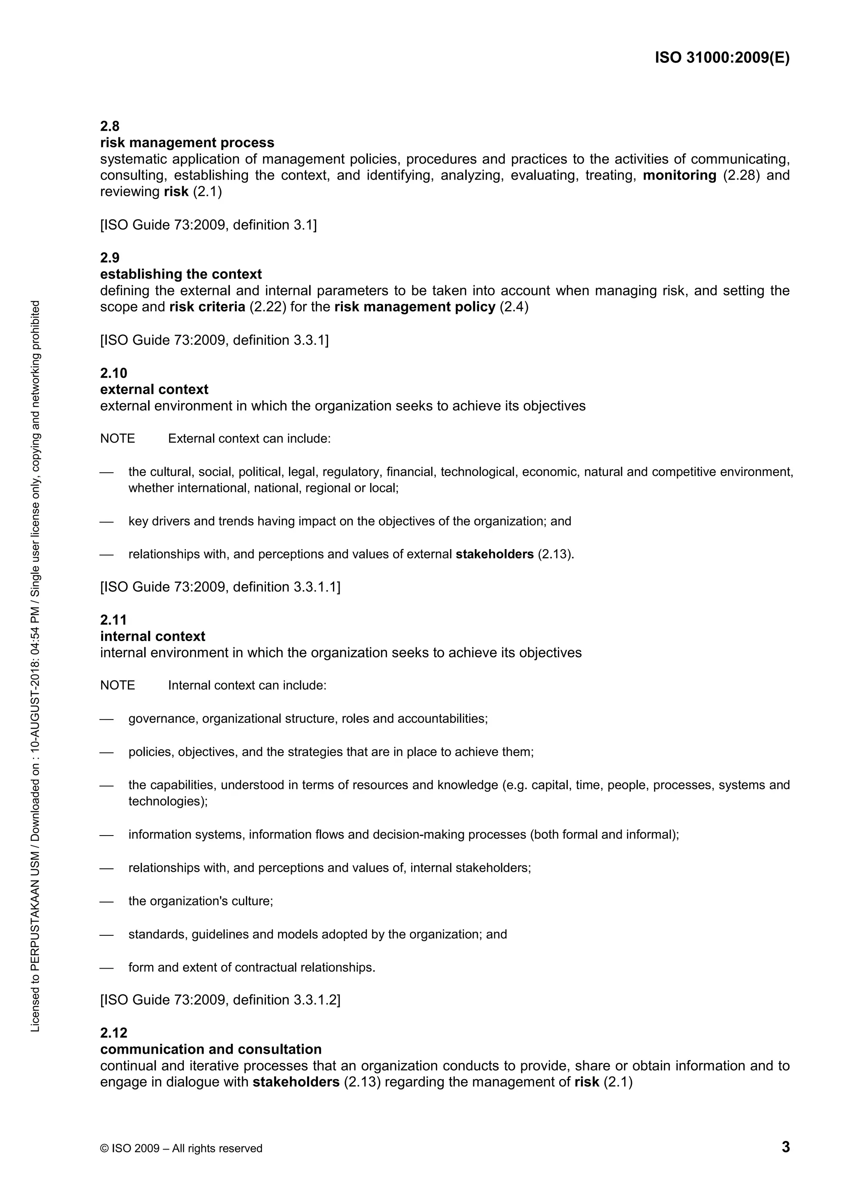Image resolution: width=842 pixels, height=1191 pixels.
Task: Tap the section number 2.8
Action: (x=109, y=126)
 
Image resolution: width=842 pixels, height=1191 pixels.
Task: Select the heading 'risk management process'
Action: (x=187, y=143)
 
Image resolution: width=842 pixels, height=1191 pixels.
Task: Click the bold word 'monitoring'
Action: (x=680, y=175)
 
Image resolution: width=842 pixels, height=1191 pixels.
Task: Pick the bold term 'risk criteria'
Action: (x=207, y=307)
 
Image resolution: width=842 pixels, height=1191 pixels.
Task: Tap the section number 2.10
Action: (x=113, y=373)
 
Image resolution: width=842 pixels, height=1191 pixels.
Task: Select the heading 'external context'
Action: (x=154, y=390)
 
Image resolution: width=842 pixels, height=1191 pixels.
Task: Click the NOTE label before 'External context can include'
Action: (x=117, y=439)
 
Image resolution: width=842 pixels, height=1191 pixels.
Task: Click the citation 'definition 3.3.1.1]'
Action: (x=287, y=587)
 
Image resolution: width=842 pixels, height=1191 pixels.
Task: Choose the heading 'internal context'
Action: (x=153, y=637)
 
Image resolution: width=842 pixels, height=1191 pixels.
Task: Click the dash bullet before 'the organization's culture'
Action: (x=106, y=902)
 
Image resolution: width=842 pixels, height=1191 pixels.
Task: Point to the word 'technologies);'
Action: (x=168, y=801)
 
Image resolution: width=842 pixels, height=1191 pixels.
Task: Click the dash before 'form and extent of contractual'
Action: (x=106, y=968)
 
